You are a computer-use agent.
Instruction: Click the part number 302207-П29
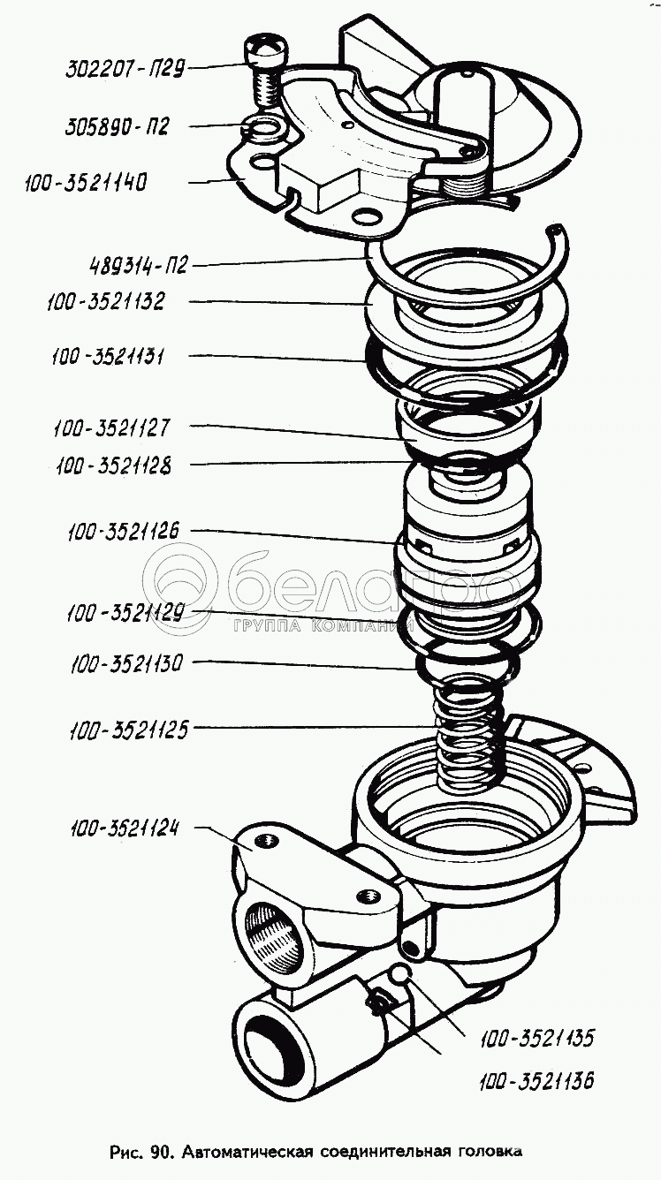click(125, 69)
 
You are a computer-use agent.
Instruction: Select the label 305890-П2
click(117, 127)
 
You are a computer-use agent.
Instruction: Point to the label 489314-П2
click(139, 264)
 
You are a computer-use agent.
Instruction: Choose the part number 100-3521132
click(106, 302)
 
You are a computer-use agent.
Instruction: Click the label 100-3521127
click(111, 427)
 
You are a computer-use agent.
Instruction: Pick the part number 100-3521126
click(124, 531)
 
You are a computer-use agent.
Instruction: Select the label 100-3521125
click(129, 730)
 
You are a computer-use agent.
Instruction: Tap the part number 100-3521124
click(125, 829)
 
